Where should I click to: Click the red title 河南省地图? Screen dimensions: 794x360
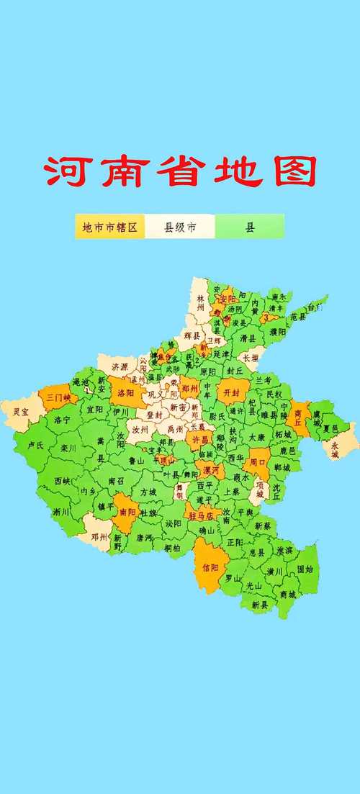coord(180,171)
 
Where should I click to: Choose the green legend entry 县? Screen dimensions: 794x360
coord(251,228)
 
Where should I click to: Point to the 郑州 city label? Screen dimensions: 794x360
coord(190,387)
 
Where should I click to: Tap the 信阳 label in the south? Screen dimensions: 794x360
coord(210,566)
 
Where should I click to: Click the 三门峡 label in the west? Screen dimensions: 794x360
coord(58,397)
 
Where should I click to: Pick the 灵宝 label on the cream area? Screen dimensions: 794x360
coord(21,412)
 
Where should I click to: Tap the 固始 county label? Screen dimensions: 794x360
coord(305,569)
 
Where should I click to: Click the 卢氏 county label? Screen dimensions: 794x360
coord(35,446)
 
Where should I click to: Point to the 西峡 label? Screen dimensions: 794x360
coord(63,480)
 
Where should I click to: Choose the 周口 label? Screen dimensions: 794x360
coord(258,461)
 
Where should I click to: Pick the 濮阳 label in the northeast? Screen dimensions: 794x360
coord(278,332)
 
